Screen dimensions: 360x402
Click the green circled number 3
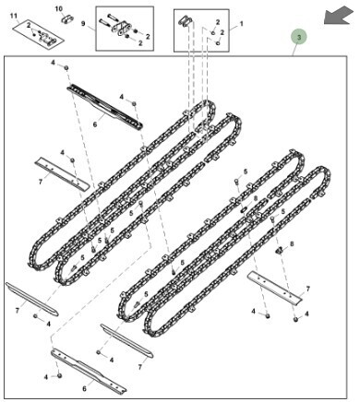click(x=299, y=37)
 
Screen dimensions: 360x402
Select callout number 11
click(x=14, y=16)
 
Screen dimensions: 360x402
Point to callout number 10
click(x=58, y=9)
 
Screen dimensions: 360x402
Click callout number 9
click(x=83, y=24)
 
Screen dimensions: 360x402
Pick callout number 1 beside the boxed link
click(x=242, y=23)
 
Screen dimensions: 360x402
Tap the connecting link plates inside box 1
click(x=186, y=21)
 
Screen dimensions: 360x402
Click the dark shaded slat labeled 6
click(x=105, y=106)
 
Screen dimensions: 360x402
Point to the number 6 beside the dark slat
click(x=95, y=124)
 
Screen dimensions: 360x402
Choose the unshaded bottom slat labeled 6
click(x=89, y=371)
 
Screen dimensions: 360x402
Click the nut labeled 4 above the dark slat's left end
click(x=66, y=67)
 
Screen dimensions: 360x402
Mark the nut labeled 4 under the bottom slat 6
click(x=60, y=375)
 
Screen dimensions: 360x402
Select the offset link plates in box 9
click(x=122, y=29)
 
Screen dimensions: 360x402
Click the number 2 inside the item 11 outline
click(x=29, y=25)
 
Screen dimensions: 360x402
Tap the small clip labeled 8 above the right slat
click(x=279, y=251)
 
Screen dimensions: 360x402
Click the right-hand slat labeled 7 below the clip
click(x=275, y=288)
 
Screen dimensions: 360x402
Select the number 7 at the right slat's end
click(x=307, y=289)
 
